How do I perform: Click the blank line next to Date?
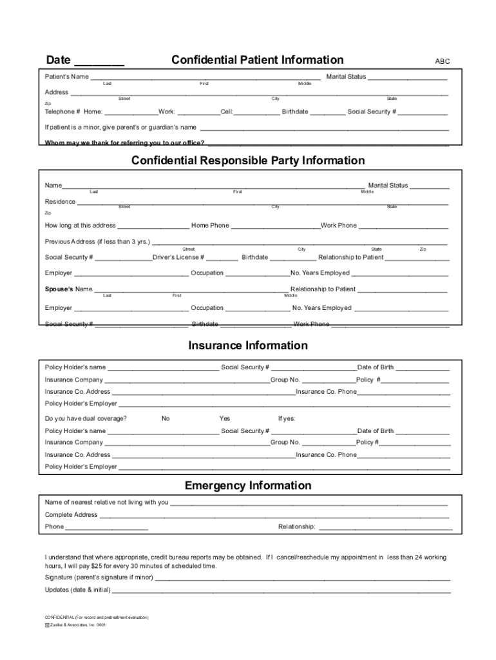click(x=99, y=63)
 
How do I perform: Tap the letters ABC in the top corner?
click(x=443, y=62)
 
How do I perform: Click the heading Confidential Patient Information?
click(x=257, y=60)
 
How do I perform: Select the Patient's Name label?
click(x=67, y=77)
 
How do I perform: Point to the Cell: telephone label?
click(x=227, y=112)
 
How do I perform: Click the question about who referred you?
click(x=125, y=142)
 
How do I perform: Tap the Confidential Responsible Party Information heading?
click(x=248, y=160)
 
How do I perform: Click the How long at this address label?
click(x=81, y=226)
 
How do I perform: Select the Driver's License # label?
click(x=178, y=257)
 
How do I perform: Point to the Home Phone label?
click(x=210, y=226)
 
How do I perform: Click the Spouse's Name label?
click(x=68, y=289)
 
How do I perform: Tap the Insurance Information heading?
click(x=248, y=345)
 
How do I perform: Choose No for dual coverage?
click(x=166, y=418)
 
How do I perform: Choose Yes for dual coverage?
click(x=224, y=418)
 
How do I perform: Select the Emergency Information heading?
click(x=248, y=485)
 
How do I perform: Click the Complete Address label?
click(x=71, y=515)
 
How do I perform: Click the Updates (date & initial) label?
click(x=78, y=590)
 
